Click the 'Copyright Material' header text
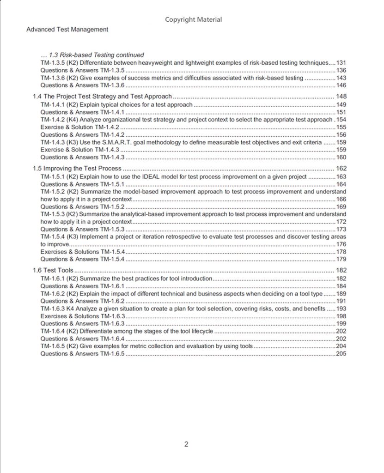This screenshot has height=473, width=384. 193,19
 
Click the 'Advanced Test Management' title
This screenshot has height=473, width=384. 67,30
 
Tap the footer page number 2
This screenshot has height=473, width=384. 186,445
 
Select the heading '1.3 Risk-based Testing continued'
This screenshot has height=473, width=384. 92,55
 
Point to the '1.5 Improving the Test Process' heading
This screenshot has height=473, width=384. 77,169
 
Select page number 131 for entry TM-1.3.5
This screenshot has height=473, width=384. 341,62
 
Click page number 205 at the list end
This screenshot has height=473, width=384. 341,354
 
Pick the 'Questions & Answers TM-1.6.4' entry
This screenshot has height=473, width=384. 83,339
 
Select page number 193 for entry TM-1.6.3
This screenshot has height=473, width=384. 341,309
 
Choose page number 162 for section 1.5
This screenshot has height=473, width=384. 341,169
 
